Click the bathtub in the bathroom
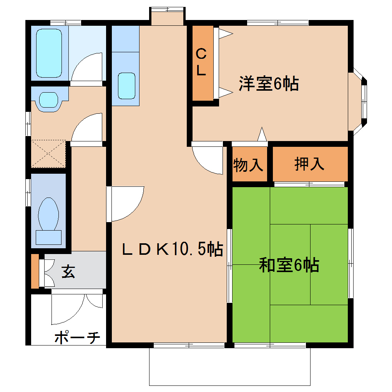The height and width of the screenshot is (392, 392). [x=49, y=53]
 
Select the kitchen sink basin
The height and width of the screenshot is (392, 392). [x=126, y=86]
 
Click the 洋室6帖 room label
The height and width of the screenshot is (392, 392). [x=269, y=83]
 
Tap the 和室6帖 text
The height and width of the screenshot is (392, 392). [x=289, y=265]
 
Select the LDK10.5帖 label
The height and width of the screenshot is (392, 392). [x=173, y=250]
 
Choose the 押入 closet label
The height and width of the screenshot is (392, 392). [x=309, y=164]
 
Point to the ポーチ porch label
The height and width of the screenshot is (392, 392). [x=77, y=338]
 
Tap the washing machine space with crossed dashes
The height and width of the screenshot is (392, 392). [x=48, y=153]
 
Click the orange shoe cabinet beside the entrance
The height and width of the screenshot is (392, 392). [x=35, y=271]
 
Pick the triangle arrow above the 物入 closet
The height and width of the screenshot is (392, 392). [x=262, y=135]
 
